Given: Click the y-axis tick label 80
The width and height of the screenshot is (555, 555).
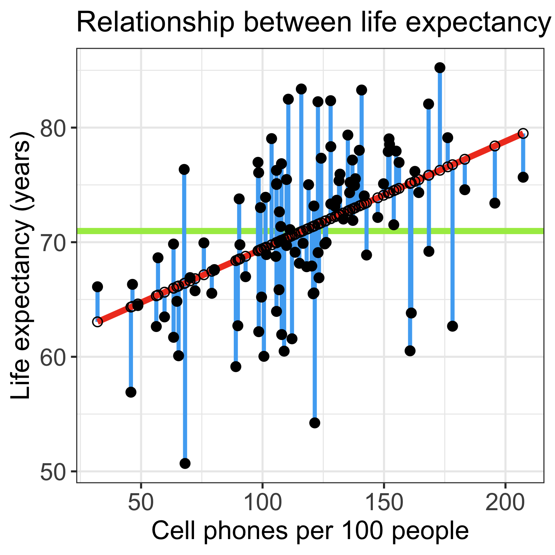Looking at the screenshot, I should coord(52,128).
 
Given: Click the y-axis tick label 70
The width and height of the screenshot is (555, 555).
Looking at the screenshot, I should coord(52,243).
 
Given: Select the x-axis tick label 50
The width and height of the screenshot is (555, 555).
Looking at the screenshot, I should coord(141,503).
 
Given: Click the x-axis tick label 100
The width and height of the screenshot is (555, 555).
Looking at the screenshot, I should coord(262,503).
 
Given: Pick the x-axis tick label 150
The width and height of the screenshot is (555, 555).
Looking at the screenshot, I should coord(384,503).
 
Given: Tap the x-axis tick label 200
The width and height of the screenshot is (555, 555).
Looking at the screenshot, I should coord(505,503).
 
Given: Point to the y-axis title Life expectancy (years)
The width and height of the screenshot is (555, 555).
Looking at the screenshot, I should coord(21,269).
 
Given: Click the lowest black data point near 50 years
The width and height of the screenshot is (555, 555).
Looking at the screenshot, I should coord(185,463).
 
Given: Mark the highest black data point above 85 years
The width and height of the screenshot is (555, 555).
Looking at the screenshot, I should coord(440,68).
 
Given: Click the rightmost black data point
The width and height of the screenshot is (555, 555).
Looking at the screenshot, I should coord(523,177).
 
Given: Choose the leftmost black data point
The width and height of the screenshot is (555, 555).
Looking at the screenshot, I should coord(97,287).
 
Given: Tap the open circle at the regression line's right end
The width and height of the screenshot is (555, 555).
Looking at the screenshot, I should coord(523,133).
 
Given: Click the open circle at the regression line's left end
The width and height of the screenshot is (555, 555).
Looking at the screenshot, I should coord(97,322).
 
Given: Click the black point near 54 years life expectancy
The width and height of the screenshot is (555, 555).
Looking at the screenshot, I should coord(315,423).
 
